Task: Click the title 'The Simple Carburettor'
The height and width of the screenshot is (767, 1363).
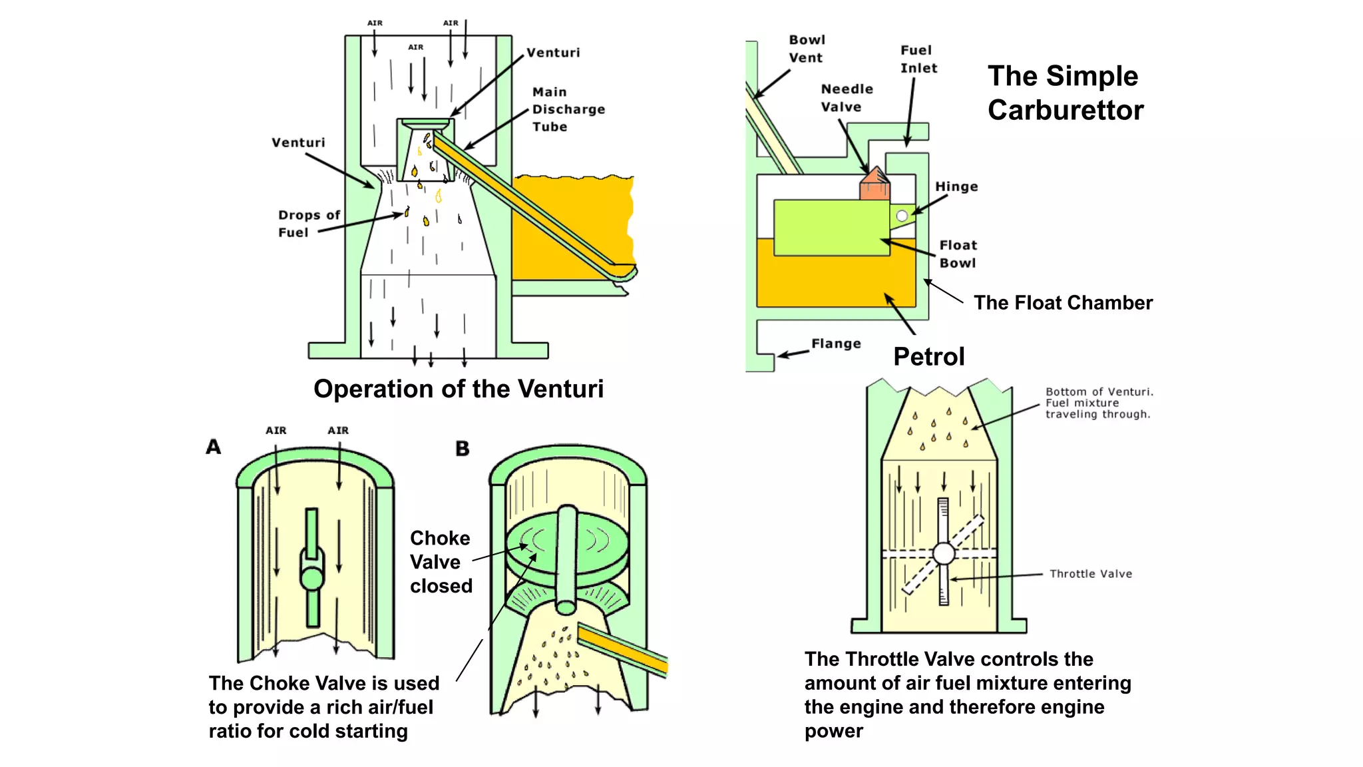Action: coord(1065,93)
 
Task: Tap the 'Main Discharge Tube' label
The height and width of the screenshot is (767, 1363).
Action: coord(568,109)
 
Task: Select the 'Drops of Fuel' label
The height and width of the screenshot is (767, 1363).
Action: coord(308,224)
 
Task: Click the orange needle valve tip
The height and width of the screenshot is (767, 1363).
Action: coord(875,184)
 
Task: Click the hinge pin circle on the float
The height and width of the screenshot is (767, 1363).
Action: coord(902,216)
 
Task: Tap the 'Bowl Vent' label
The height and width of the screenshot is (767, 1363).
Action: coord(807,49)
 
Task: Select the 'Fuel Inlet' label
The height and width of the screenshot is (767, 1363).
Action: coord(918,59)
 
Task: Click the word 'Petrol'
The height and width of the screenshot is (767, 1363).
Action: coord(928,357)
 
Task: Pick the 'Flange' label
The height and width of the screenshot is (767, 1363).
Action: coord(836,344)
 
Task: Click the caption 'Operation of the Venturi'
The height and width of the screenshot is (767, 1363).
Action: coord(459,389)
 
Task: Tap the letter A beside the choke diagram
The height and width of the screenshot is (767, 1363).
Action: coord(213,447)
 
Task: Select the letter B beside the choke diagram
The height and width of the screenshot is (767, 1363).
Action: coord(463,449)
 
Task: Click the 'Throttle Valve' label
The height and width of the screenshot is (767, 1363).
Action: coord(1090,574)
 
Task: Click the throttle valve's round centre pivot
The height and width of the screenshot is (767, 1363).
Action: coord(943,553)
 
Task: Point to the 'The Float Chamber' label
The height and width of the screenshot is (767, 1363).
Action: coord(1063,303)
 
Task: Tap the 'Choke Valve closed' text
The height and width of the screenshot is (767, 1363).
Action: coord(441,562)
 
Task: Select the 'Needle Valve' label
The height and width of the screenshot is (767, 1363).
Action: coord(847,98)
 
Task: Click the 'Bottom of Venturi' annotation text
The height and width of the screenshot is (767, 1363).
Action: coord(1098,403)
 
